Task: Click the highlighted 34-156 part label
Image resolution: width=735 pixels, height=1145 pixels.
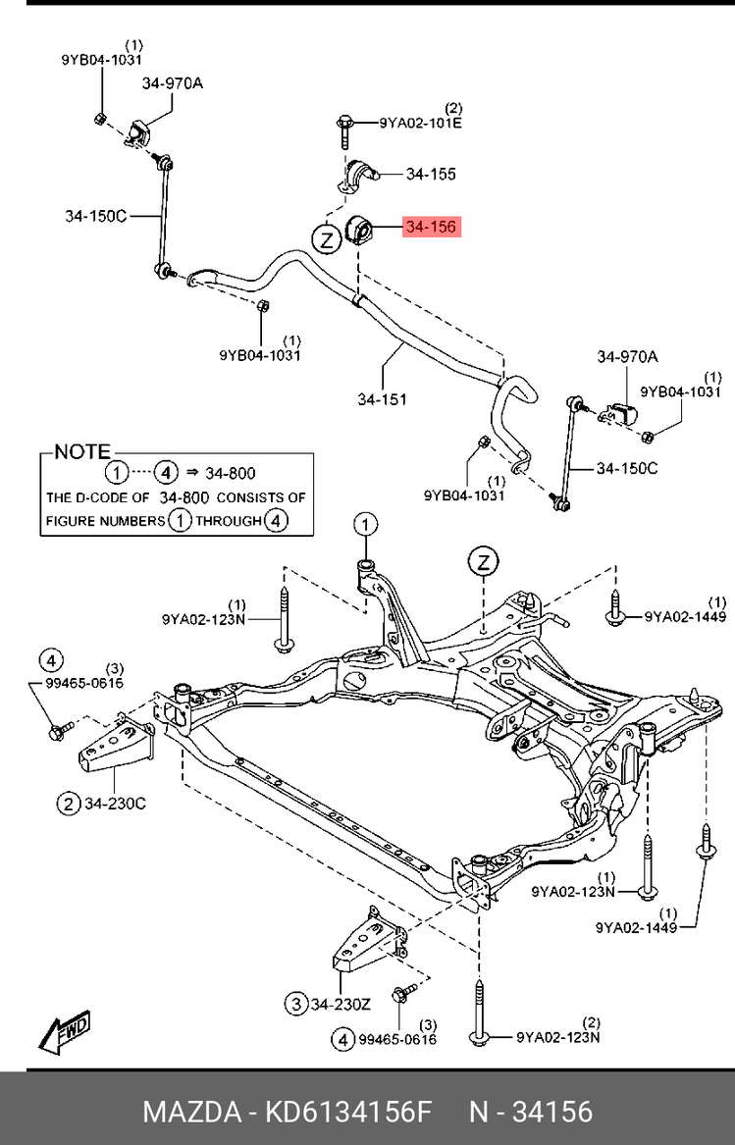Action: (431, 228)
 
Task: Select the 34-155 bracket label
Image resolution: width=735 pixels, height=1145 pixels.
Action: (431, 175)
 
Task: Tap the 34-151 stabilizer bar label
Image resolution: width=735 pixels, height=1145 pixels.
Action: (382, 399)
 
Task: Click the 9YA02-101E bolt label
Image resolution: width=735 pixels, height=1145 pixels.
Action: (421, 124)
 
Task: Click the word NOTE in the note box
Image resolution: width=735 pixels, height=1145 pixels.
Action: (81, 452)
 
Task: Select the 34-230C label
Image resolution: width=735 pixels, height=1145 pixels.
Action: (114, 805)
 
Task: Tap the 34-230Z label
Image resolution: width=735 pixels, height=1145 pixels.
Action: (342, 1003)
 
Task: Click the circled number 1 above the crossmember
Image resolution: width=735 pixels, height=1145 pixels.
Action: (365, 524)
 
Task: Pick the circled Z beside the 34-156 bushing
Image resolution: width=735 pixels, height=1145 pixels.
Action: (325, 238)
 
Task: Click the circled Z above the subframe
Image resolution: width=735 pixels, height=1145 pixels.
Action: (484, 561)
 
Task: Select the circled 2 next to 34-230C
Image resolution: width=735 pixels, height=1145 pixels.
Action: (68, 805)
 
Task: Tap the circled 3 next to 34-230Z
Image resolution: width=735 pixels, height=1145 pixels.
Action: (295, 1003)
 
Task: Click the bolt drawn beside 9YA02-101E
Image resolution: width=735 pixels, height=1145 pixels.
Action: (346, 129)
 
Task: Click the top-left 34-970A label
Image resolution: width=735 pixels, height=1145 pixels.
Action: (172, 83)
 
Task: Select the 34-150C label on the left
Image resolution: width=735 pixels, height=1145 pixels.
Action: (96, 216)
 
